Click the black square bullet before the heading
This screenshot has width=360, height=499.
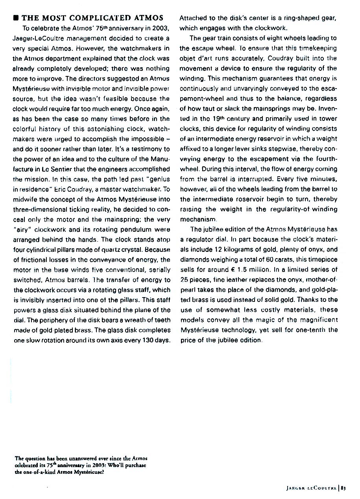[16, 18]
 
